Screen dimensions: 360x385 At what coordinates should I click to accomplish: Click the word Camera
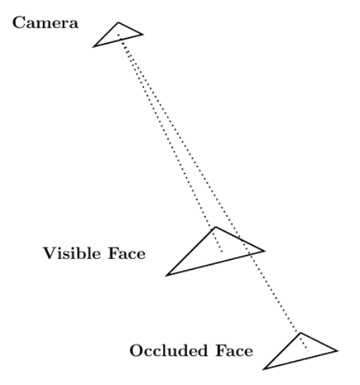[46, 23]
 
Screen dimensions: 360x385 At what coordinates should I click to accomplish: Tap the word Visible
[72, 253]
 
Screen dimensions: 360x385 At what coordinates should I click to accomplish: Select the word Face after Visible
[127, 253]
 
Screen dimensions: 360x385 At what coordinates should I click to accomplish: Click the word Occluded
[169, 350]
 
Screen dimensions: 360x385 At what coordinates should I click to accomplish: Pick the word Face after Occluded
[234, 350]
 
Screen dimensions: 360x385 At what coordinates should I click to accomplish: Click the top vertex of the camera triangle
[118, 23]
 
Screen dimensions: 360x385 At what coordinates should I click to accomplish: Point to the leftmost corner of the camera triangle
[94, 46]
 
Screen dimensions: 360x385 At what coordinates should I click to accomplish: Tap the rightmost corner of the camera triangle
[143, 34]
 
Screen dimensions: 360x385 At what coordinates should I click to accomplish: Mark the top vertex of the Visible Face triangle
[216, 227]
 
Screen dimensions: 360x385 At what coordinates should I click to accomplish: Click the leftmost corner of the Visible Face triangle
[166, 276]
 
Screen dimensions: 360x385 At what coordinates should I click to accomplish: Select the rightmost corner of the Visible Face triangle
[264, 251]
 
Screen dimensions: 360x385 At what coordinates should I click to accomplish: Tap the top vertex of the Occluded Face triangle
[301, 333]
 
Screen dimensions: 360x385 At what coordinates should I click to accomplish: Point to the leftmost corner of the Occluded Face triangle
[264, 369]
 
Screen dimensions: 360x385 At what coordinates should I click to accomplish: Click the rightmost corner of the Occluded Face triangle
[337, 351]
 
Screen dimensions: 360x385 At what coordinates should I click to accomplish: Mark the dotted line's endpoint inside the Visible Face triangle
[222, 251]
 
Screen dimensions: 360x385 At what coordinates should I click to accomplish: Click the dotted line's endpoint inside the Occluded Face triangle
[308, 351]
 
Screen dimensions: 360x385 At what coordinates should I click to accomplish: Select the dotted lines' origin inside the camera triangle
[118, 34]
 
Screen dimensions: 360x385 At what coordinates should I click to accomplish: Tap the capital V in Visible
[50, 253]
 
